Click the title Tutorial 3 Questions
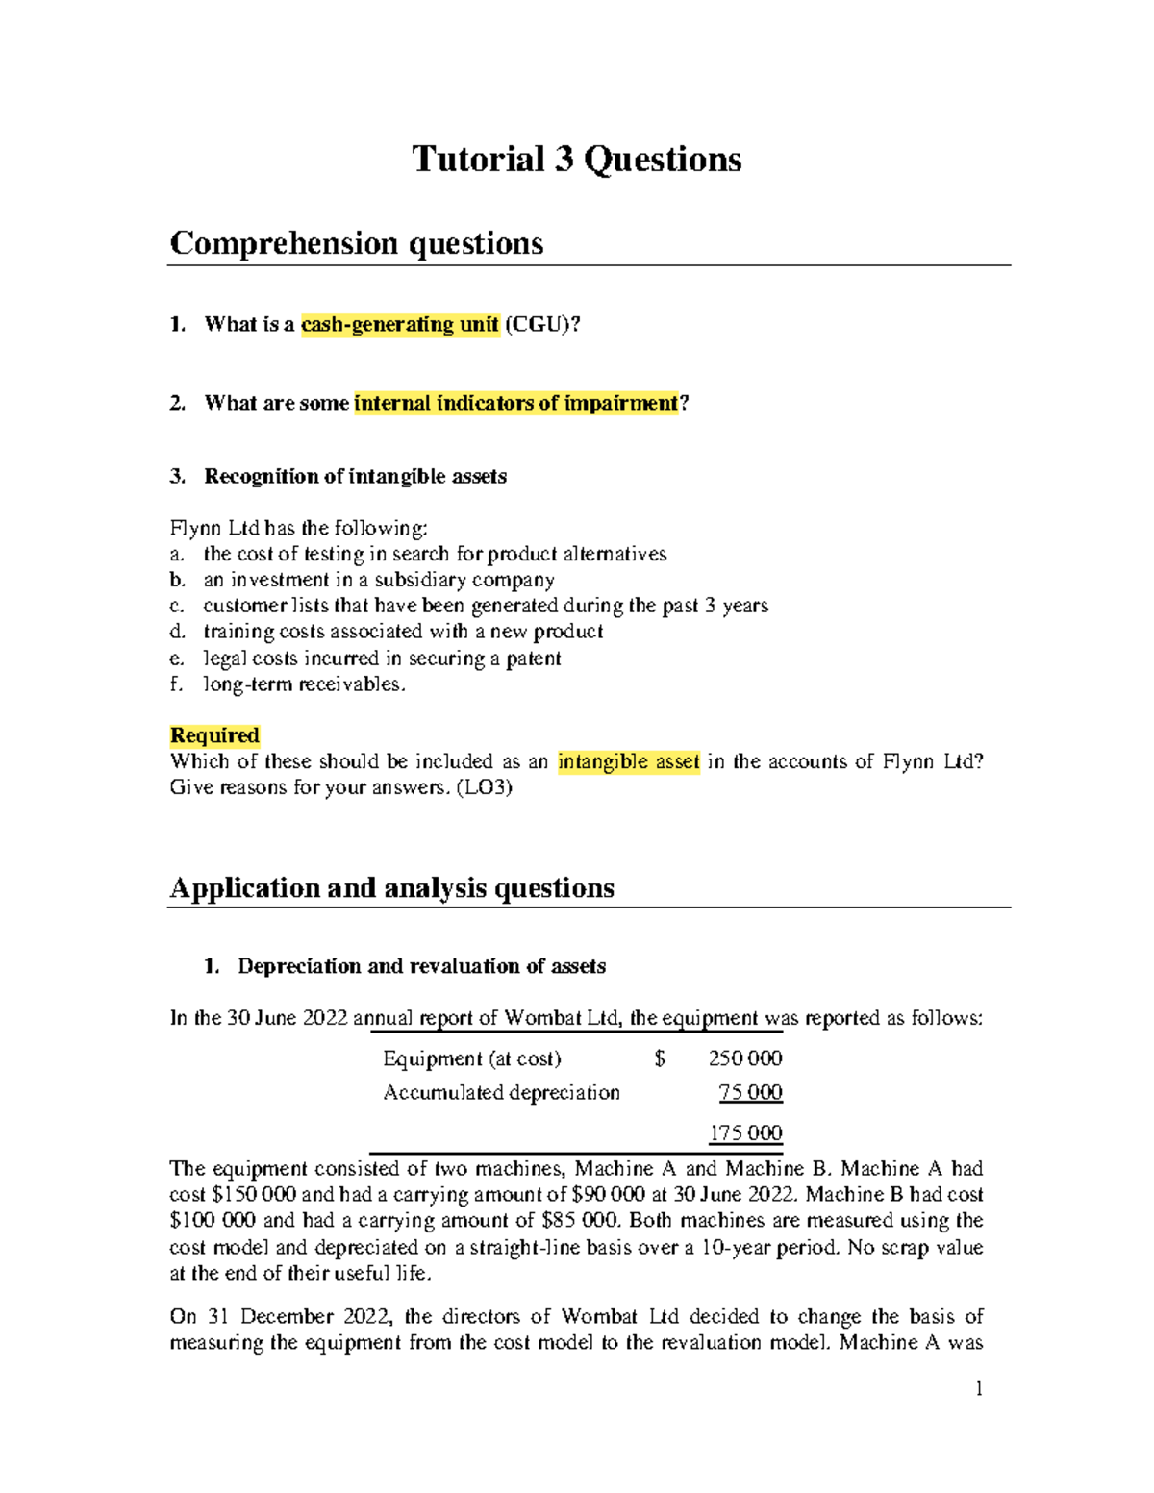[576, 160]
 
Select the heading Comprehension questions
[356, 243]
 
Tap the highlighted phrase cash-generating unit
[400, 325]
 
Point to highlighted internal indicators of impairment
[516, 404]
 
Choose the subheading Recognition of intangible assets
[355, 477]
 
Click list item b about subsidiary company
[378, 580]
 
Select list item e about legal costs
[382, 659]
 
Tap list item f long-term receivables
[304, 684]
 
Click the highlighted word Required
[214, 735]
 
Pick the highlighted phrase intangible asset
[629, 762]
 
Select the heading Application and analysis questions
[391, 887]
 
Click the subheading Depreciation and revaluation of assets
[421, 966]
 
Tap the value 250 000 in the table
[745, 1058]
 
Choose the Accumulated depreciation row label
[501, 1093]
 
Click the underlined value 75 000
[750, 1093]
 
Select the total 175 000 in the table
[745, 1133]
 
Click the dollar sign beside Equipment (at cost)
[660, 1058]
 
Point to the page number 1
[978, 1388]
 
